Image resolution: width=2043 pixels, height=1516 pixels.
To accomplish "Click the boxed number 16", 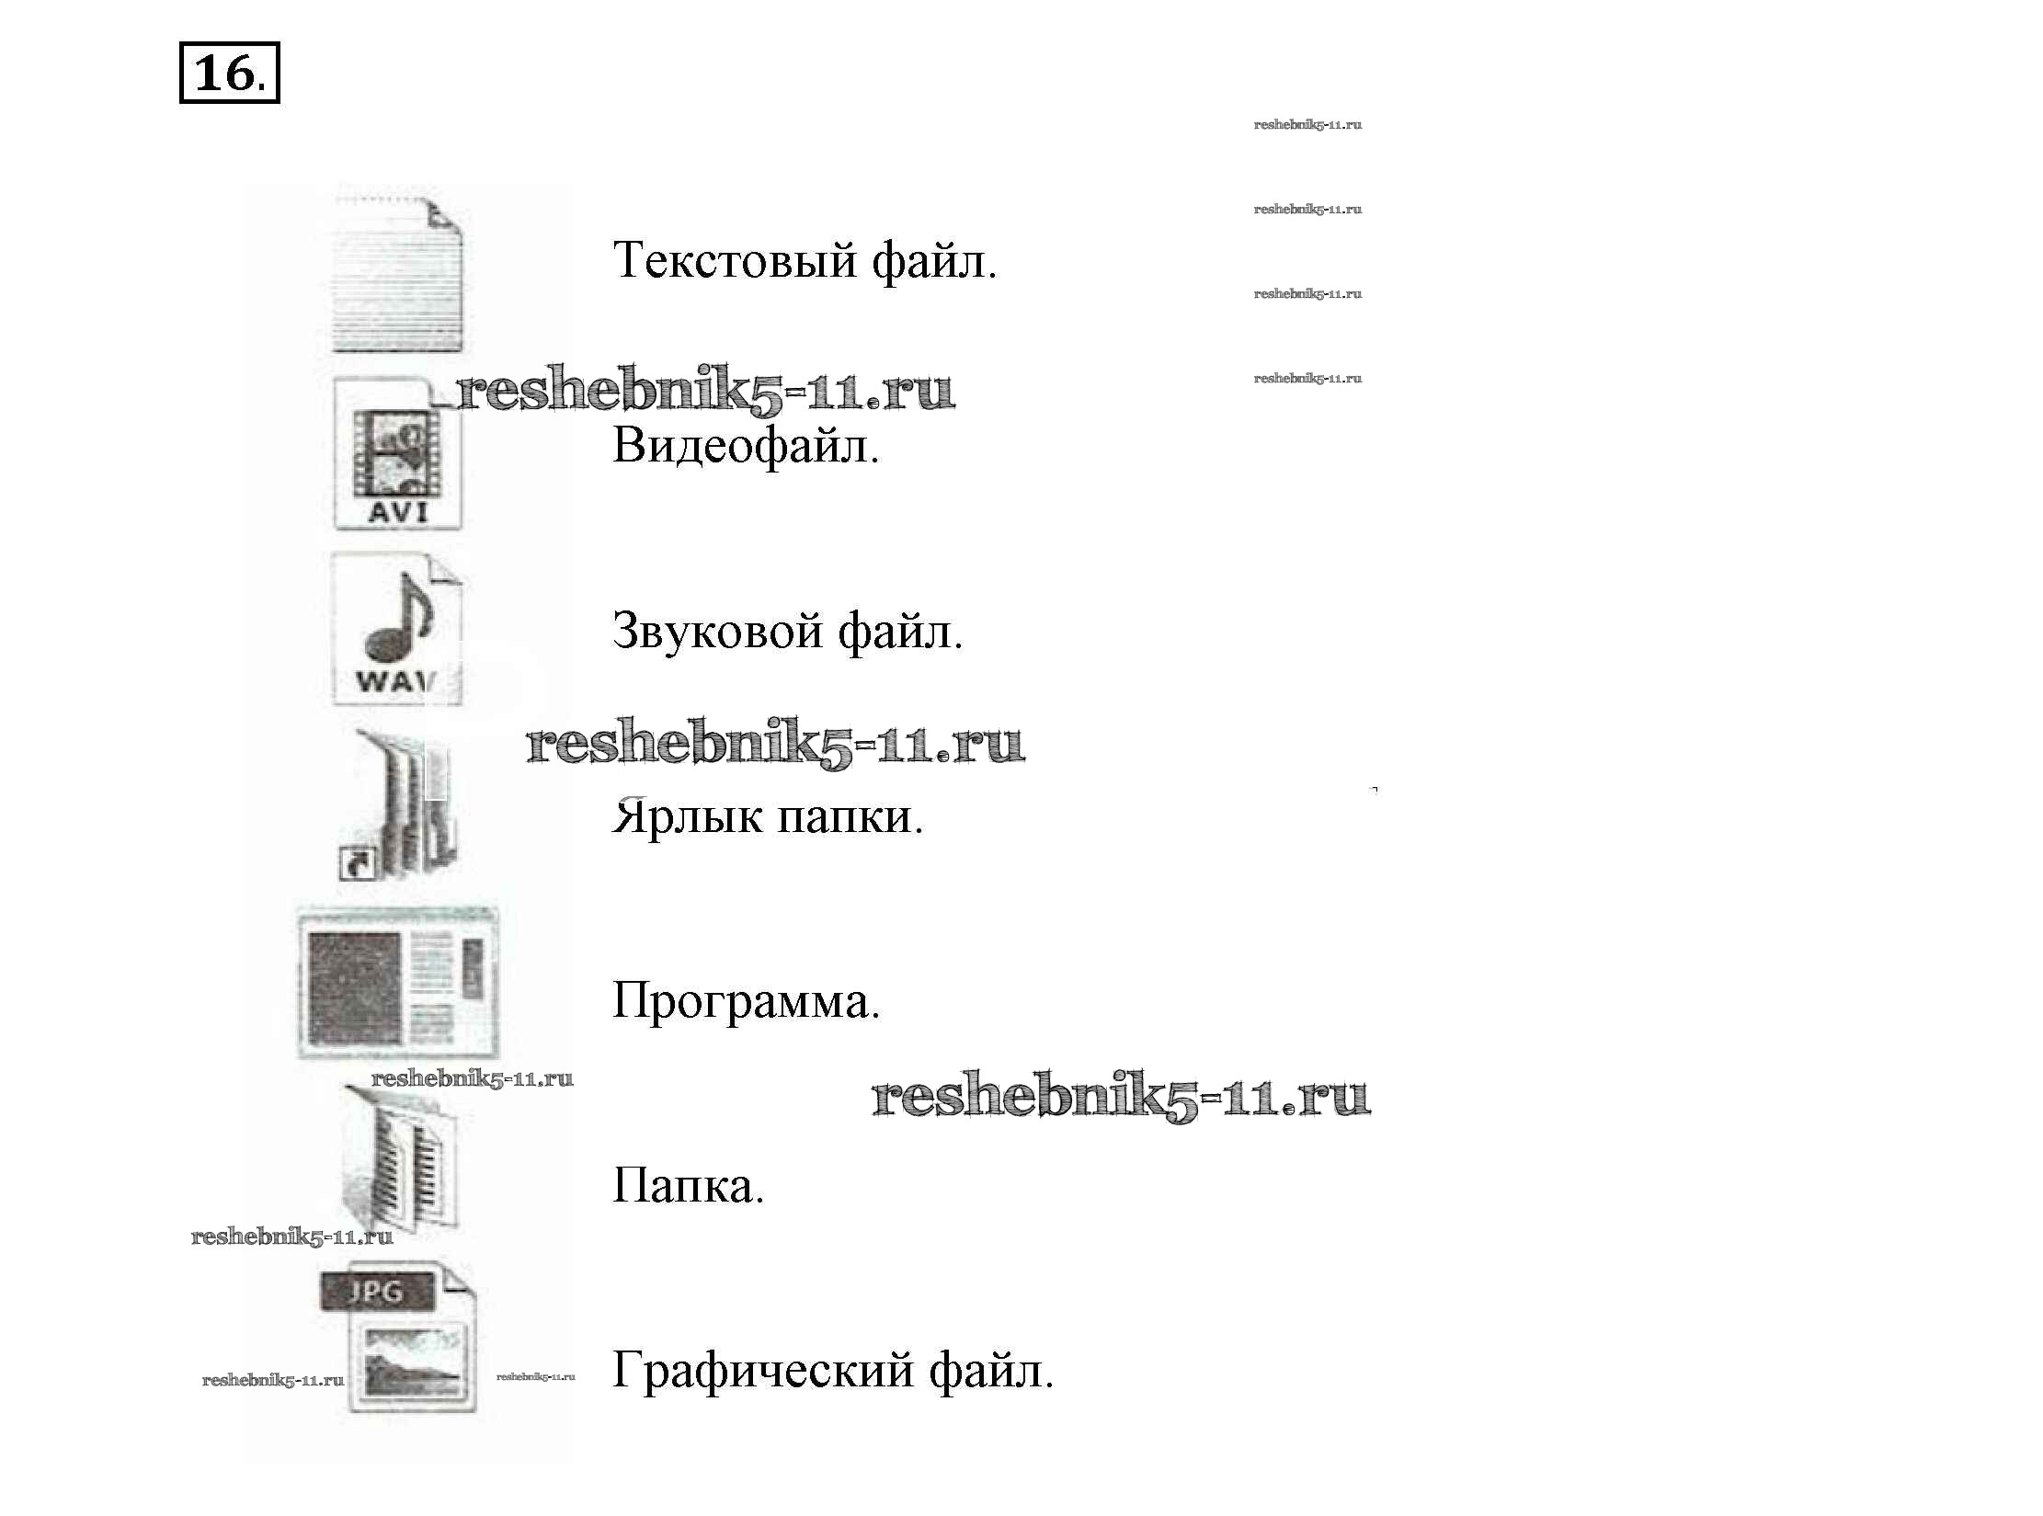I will [x=228, y=73].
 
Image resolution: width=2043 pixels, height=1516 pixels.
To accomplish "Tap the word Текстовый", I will [x=735, y=260].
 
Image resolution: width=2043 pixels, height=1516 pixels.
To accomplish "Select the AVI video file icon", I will [x=397, y=454].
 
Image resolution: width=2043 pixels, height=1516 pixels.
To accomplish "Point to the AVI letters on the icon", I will [x=398, y=510].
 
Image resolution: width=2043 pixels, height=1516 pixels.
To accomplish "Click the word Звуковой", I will [x=717, y=632].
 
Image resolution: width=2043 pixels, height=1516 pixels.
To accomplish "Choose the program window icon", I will [x=398, y=982].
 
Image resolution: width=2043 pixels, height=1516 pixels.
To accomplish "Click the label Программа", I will [x=746, y=1001].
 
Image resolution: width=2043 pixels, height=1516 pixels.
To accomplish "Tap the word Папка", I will [x=688, y=1186].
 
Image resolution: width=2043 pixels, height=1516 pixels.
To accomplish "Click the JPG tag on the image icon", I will [x=376, y=1291].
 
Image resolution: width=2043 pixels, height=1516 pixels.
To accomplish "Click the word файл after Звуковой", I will [x=900, y=632].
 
